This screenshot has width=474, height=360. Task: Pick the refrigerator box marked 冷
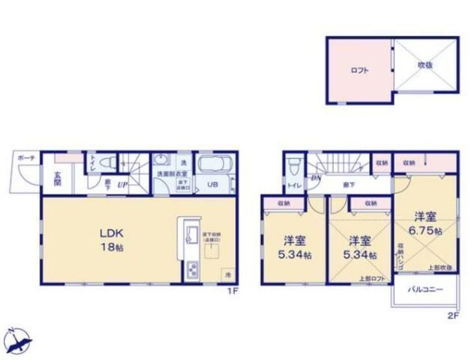pos(229,275)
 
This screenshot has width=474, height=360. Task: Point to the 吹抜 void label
pos(425,65)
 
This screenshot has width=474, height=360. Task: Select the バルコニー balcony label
pos(424,289)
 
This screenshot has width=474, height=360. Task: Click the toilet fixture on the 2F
pos(293,166)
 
